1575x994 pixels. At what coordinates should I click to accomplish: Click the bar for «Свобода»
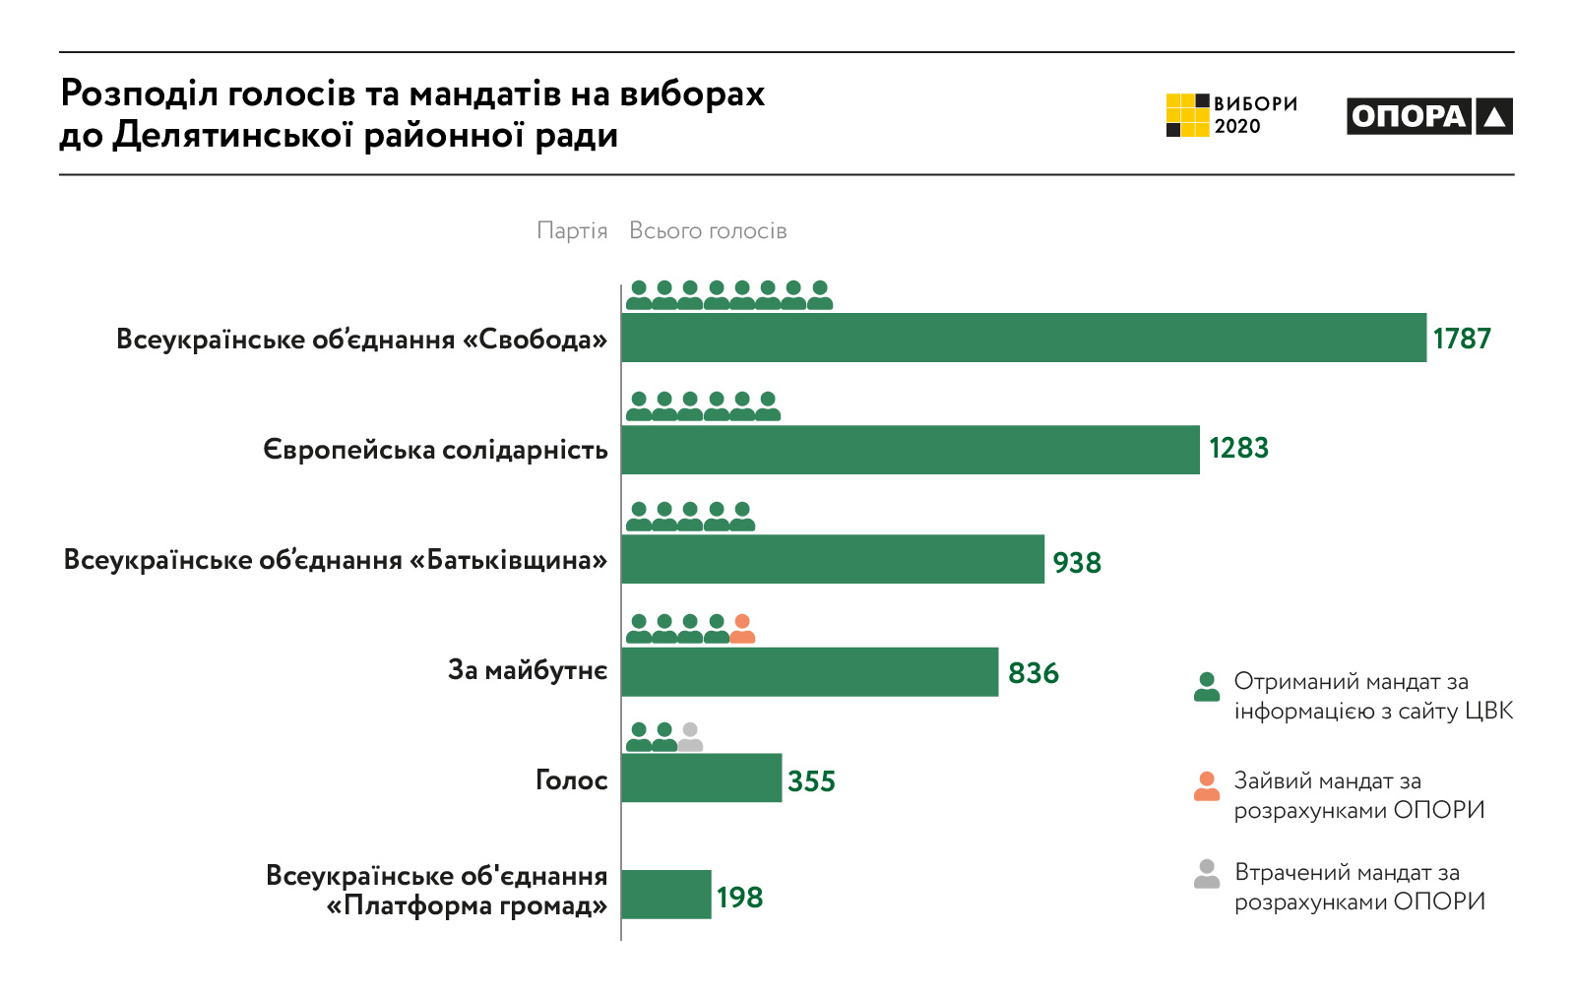[1024, 338]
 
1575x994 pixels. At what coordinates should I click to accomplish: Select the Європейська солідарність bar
[911, 450]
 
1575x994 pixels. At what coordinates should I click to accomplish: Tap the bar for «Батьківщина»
[833, 559]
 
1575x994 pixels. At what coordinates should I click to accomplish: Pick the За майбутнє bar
[810, 672]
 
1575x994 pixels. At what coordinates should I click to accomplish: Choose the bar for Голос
[702, 778]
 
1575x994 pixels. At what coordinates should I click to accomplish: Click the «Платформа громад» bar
[666, 895]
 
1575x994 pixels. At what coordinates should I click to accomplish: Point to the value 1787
[1462, 339]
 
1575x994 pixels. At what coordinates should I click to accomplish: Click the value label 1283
[1238, 449]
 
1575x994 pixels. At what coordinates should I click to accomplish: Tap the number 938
[1077, 563]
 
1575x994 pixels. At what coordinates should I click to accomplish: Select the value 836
[1034, 673]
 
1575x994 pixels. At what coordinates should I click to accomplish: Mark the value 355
[811, 781]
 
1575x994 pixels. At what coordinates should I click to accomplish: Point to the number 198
[739, 898]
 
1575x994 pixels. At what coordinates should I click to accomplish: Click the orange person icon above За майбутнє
[742, 629]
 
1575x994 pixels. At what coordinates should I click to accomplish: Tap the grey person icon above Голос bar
[690, 737]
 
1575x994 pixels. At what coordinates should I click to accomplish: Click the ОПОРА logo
[1429, 116]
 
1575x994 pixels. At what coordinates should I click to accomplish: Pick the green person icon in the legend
[1207, 687]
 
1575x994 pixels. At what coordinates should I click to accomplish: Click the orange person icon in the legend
[1207, 786]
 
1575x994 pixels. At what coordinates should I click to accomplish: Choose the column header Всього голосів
[708, 231]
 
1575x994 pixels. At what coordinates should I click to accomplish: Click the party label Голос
[571, 780]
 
